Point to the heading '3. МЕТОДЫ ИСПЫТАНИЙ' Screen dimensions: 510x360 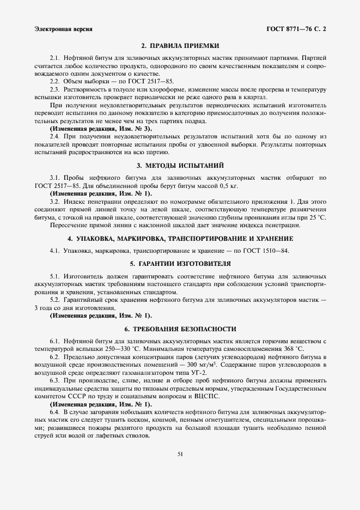[x=180, y=165]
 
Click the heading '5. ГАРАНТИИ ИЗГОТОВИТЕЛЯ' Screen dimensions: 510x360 [x=180, y=264]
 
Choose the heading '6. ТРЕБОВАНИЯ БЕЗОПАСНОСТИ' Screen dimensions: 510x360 [x=180, y=329]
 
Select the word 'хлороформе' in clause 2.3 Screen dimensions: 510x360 [x=149, y=89]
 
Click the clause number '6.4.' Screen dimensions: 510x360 [x=56, y=412]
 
